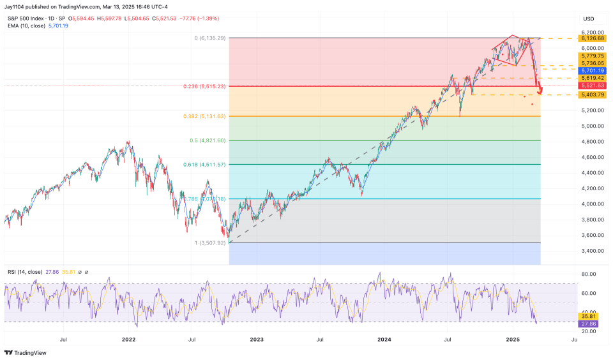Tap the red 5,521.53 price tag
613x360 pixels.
click(592, 86)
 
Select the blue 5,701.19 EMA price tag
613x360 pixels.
click(592, 71)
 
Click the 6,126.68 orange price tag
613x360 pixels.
click(592, 38)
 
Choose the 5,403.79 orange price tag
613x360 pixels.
click(592, 94)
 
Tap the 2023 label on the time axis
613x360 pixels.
click(257, 340)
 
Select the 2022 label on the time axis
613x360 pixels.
click(129, 340)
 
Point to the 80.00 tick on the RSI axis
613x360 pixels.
click(589, 274)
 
